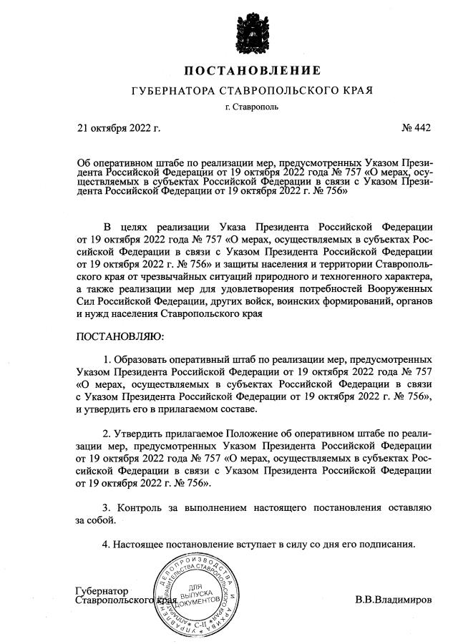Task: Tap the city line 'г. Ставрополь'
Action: click(x=253, y=108)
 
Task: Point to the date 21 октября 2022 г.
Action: click(x=119, y=129)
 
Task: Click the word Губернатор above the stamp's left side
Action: click(x=102, y=591)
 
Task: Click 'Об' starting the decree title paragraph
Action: click(x=83, y=162)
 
